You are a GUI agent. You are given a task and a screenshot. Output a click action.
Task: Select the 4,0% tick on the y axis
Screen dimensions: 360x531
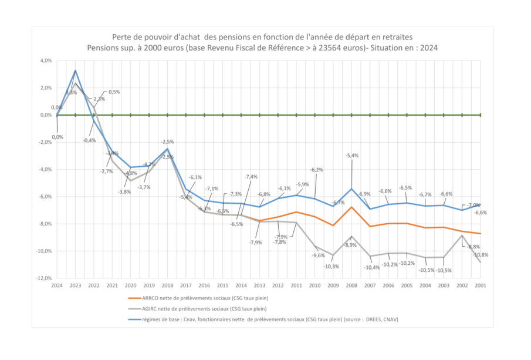(x=45, y=60)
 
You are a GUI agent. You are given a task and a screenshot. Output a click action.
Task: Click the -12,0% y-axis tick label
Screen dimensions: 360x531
(x=43, y=278)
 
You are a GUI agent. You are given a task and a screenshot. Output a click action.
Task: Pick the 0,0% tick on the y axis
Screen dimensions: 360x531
(x=45, y=115)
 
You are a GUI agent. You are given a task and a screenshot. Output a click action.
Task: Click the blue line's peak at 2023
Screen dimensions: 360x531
(x=75, y=70)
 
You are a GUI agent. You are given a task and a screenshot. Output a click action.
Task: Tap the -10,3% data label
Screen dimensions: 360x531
(x=332, y=266)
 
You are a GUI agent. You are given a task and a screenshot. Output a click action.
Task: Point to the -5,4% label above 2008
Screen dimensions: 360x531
(x=352, y=156)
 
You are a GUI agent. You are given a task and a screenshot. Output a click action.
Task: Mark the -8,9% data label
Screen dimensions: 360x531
(x=350, y=245)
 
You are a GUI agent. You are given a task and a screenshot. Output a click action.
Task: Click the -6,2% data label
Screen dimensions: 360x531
(x=316, y=170)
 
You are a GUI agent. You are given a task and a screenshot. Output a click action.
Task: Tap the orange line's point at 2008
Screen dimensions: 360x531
(x=351, y=207)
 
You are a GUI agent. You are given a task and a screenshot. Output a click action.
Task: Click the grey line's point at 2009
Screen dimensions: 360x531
(x=333, y=255)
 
